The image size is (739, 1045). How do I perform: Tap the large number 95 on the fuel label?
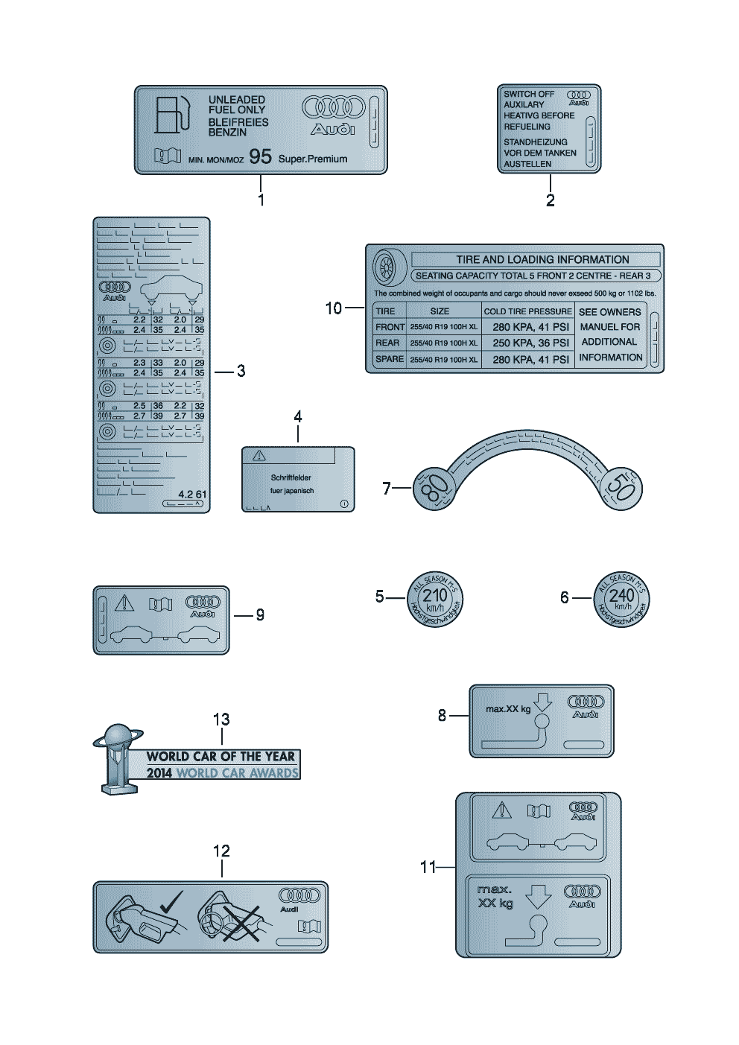tap(260, 157)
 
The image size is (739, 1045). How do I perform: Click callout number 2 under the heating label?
tap(550, 200)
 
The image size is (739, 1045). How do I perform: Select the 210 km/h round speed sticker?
tap(435, 599)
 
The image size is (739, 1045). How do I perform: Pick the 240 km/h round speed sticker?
tap(622, 599)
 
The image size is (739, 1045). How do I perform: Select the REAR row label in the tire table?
tap(387, 343)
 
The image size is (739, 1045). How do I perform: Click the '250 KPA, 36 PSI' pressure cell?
tap(530, 343)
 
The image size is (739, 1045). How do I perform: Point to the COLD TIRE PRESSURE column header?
tap(527, 311)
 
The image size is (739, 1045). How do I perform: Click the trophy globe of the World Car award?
tap(118, 737)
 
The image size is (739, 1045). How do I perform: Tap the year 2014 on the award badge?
tap(159, 773)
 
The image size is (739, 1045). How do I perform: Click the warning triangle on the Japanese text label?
tap(259, 456)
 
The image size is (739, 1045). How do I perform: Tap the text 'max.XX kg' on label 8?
tap(508, 709)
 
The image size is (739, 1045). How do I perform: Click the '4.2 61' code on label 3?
tap(192, 495)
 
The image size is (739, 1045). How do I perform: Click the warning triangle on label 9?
tap(124, 603)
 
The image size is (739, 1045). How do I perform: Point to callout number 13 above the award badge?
tap(221, 720)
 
